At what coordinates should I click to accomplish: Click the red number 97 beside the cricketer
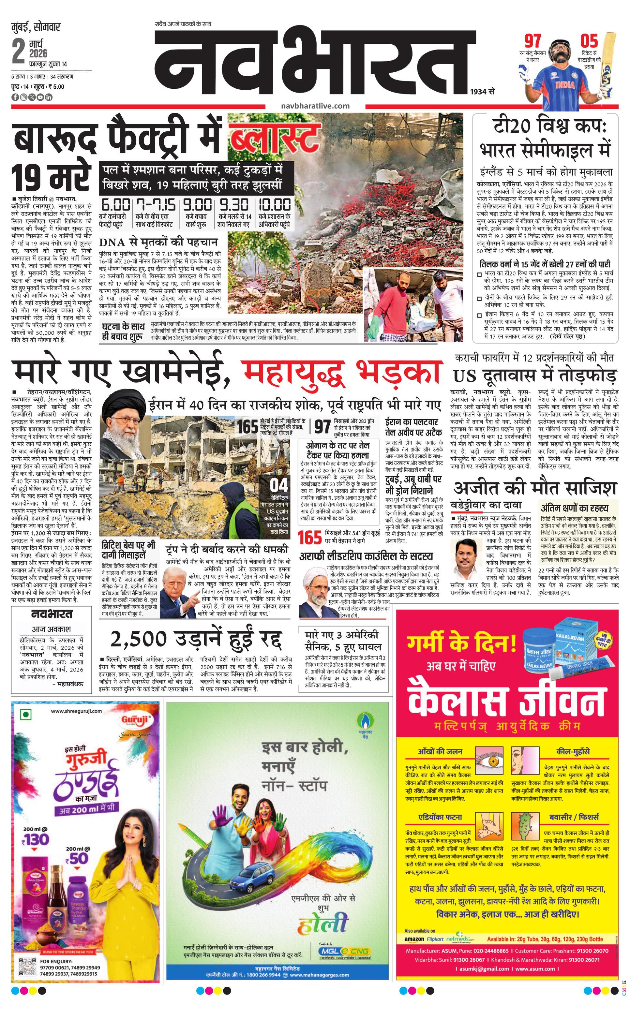pyautogui.click(x=532, y=41)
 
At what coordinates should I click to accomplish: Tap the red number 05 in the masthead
pyautogui.click(x=589, y=41)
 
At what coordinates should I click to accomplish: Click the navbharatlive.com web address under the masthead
pyautogui.click(x=315, y=106)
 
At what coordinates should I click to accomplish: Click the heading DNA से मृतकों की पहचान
pyautogui.click(x=159, y=242)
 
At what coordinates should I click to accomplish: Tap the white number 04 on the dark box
pyautogui.click(x=279, y=485)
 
